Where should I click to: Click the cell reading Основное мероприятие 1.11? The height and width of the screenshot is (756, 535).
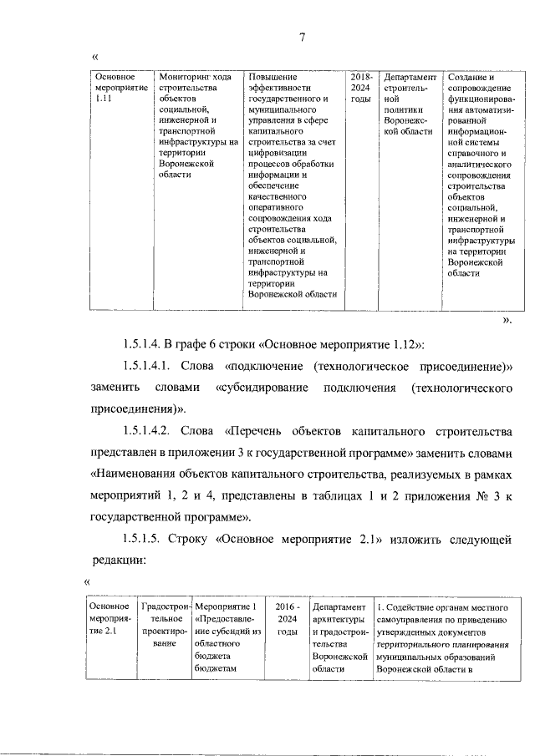point(116,88)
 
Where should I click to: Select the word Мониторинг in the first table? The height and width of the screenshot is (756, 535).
point(185,77)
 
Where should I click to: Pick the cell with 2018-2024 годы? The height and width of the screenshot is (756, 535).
point(360,88)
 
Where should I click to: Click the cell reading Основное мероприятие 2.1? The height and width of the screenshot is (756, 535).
point(110,619)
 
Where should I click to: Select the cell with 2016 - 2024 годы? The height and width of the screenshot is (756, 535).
point(287,619)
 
